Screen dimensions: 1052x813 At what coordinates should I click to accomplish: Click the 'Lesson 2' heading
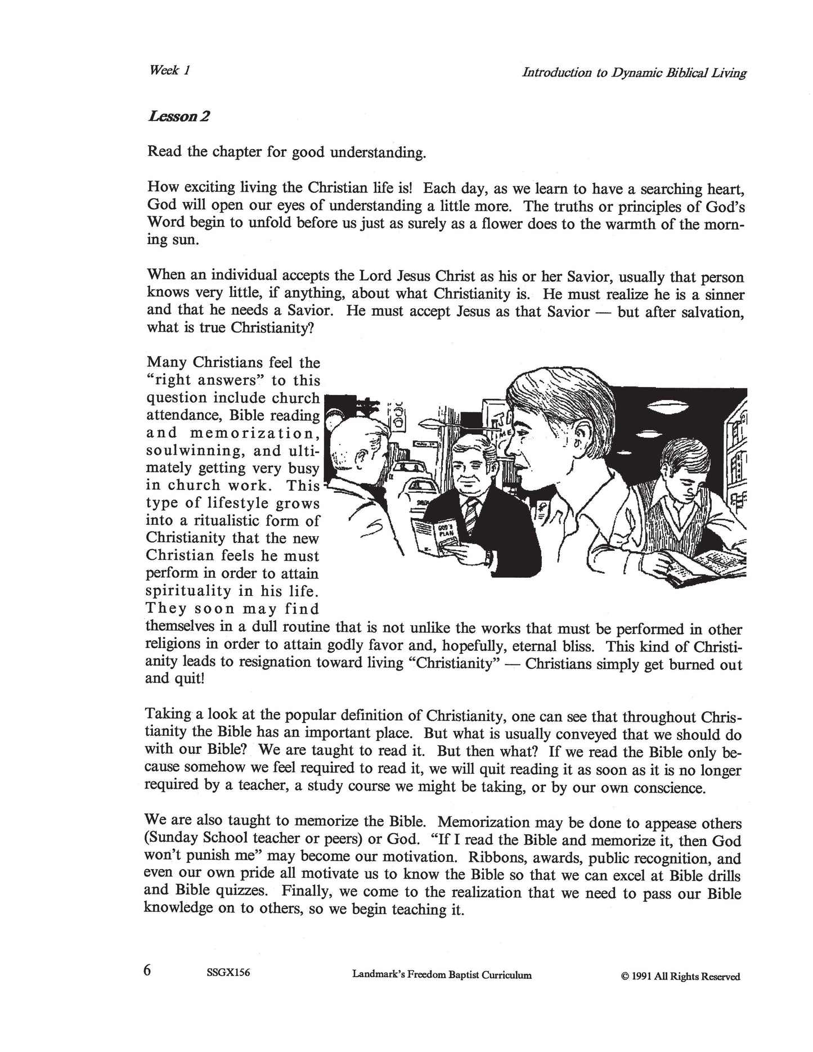point(179,116)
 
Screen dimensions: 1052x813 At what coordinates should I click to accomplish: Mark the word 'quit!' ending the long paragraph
point(188,678)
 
